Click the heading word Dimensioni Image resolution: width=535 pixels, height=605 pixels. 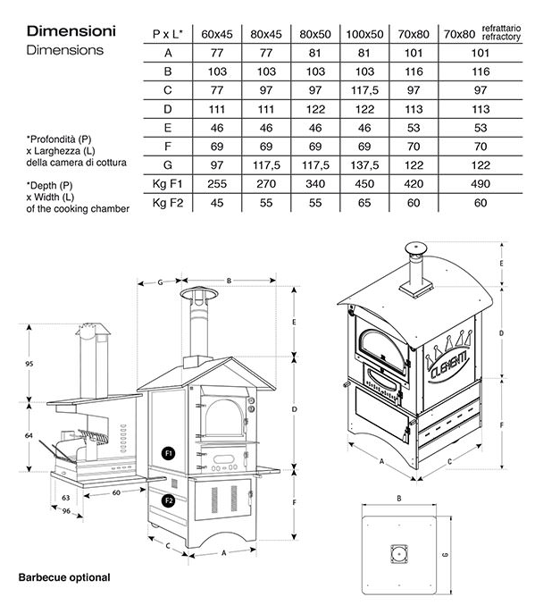coord(71,31)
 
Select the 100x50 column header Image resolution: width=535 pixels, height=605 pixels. coord(364,34)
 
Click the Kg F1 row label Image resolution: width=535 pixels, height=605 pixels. coord(167,184)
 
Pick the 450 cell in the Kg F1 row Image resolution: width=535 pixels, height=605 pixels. coord(364,184)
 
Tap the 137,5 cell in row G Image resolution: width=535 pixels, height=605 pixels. coord(364,165)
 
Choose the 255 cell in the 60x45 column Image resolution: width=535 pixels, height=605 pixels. coord(217,184)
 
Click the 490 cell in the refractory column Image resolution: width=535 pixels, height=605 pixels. coord(481,184)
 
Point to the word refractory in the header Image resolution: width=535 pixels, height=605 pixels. coord(501,37)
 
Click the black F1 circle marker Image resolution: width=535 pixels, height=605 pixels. coord(169,453)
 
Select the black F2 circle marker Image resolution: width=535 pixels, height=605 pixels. coord(169,500)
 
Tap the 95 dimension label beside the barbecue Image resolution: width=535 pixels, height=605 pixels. coord(29,364)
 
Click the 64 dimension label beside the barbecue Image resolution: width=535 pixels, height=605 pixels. coord(29,435)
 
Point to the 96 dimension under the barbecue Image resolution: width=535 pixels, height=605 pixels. coord(66,511)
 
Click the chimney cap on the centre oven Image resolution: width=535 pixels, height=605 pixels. coord(199,294)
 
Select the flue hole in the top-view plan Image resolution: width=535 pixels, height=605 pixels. coord(399,554)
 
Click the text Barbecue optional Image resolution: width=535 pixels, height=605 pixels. coord(64,577)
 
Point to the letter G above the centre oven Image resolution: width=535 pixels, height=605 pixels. coord(160,282)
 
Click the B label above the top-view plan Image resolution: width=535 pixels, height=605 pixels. coord(399,499)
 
